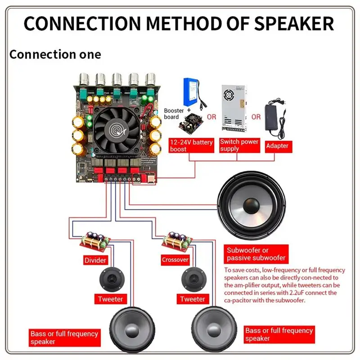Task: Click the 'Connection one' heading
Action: (55, 54)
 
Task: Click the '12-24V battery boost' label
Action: (191, 145)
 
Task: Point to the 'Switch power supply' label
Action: (239, 145)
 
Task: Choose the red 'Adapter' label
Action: (277, 146)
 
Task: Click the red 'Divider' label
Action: (95, 260)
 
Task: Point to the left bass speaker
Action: (133, 328)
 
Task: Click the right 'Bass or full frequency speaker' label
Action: (279, 334)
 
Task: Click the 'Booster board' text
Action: (174, 113)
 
